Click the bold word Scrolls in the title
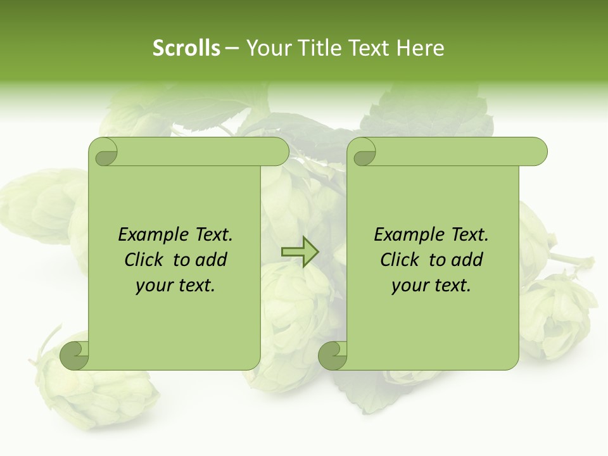click(x=186, y=48)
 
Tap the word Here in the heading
click(x=420, y=48)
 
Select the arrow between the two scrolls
click(x=300, y=252)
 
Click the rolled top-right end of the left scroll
click(x=276, y=151)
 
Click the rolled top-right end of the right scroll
click(x=535, y=151)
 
